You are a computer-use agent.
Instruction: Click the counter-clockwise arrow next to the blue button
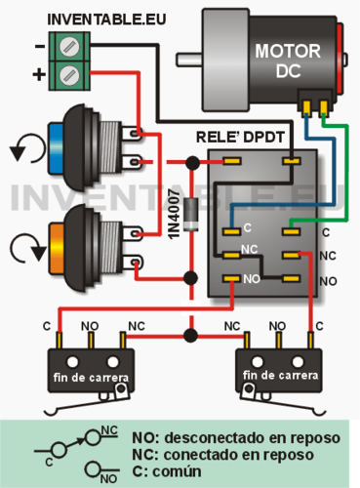[20, 152]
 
